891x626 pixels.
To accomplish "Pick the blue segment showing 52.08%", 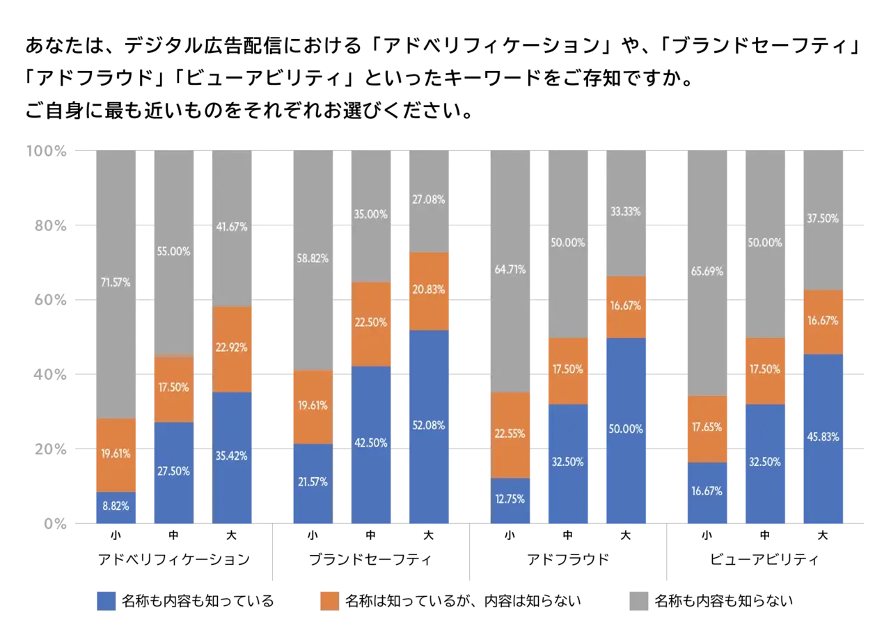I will tap(429, 426).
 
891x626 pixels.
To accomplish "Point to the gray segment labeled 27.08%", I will tap(429, 200).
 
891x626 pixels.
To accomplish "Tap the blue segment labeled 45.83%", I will tap(824, 438).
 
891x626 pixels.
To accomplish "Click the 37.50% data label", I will tap(824, 218).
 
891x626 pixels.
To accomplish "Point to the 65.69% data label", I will tap(707, 272).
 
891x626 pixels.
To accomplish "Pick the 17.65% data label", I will tap(707, 427).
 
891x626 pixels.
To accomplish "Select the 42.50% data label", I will tap(370, 443).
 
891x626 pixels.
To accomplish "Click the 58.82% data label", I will tap(311, 259).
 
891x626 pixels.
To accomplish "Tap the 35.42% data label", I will tap(233, 456).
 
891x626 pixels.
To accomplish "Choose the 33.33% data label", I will tap(626, 211).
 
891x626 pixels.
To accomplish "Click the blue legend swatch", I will tap(106, 601).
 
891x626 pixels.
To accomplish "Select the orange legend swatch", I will tap(329, 601).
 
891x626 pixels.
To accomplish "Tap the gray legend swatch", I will tap(640, 601).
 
